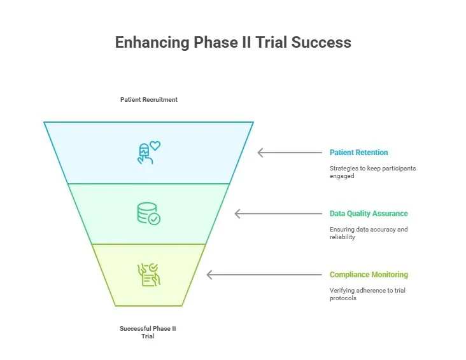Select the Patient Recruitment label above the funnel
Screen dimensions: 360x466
[149, 100]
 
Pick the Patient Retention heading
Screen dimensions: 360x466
[358, 153]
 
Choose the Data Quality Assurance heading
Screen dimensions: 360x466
[369, 214]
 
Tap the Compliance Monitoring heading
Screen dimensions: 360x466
[369, 275]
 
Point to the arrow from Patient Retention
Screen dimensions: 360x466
[290, 153]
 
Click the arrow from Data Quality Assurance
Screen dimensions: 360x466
[278, 214]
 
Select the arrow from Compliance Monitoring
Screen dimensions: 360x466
[264, 275]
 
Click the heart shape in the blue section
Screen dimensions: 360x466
[155, 145]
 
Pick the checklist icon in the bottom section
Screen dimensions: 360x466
[149, 274]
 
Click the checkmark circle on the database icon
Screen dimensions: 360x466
[154, 219]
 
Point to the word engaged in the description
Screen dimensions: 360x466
[342, 176]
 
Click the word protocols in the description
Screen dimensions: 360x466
[343, 298]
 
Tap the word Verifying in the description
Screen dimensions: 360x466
[342, 291]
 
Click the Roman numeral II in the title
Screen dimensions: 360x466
[257, 43]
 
